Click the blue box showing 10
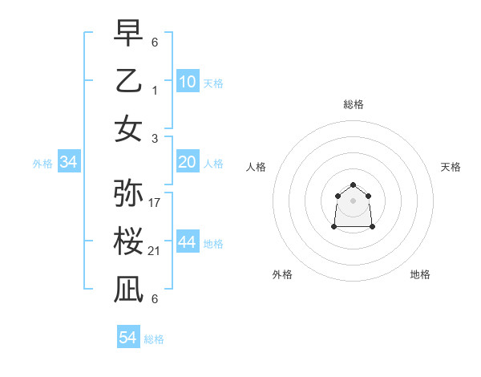(x=188, y=81)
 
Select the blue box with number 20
(x=188, y=162)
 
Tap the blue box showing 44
(x=188, y=242)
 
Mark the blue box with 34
(x=69, y=162)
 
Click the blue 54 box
(x=128, y=338)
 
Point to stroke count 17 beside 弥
(x=155, y=203)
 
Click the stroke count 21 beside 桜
(x=155, y=251)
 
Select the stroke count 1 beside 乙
(x=155, y=90)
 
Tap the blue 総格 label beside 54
(x=154, y=339)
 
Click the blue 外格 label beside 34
(x=42, y=164)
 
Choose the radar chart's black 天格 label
(x=451, y=167)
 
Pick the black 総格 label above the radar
(x=354, y=104)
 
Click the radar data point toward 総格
(x=354, y=181)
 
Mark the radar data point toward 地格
(x=373, y=227)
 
